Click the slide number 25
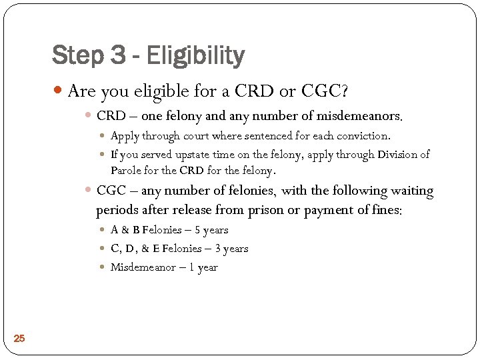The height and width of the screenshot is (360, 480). [19, 339]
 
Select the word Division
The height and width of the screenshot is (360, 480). [399, 155]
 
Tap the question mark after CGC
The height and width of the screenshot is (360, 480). [345, 91]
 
